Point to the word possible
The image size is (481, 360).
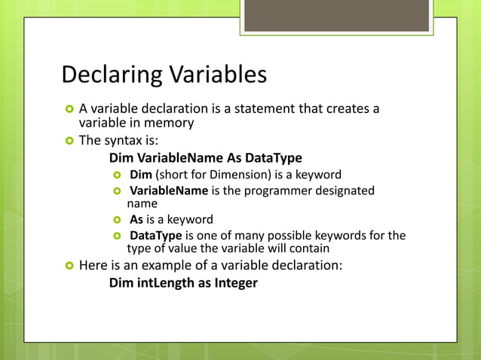305,236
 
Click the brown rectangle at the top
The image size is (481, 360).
337,15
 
